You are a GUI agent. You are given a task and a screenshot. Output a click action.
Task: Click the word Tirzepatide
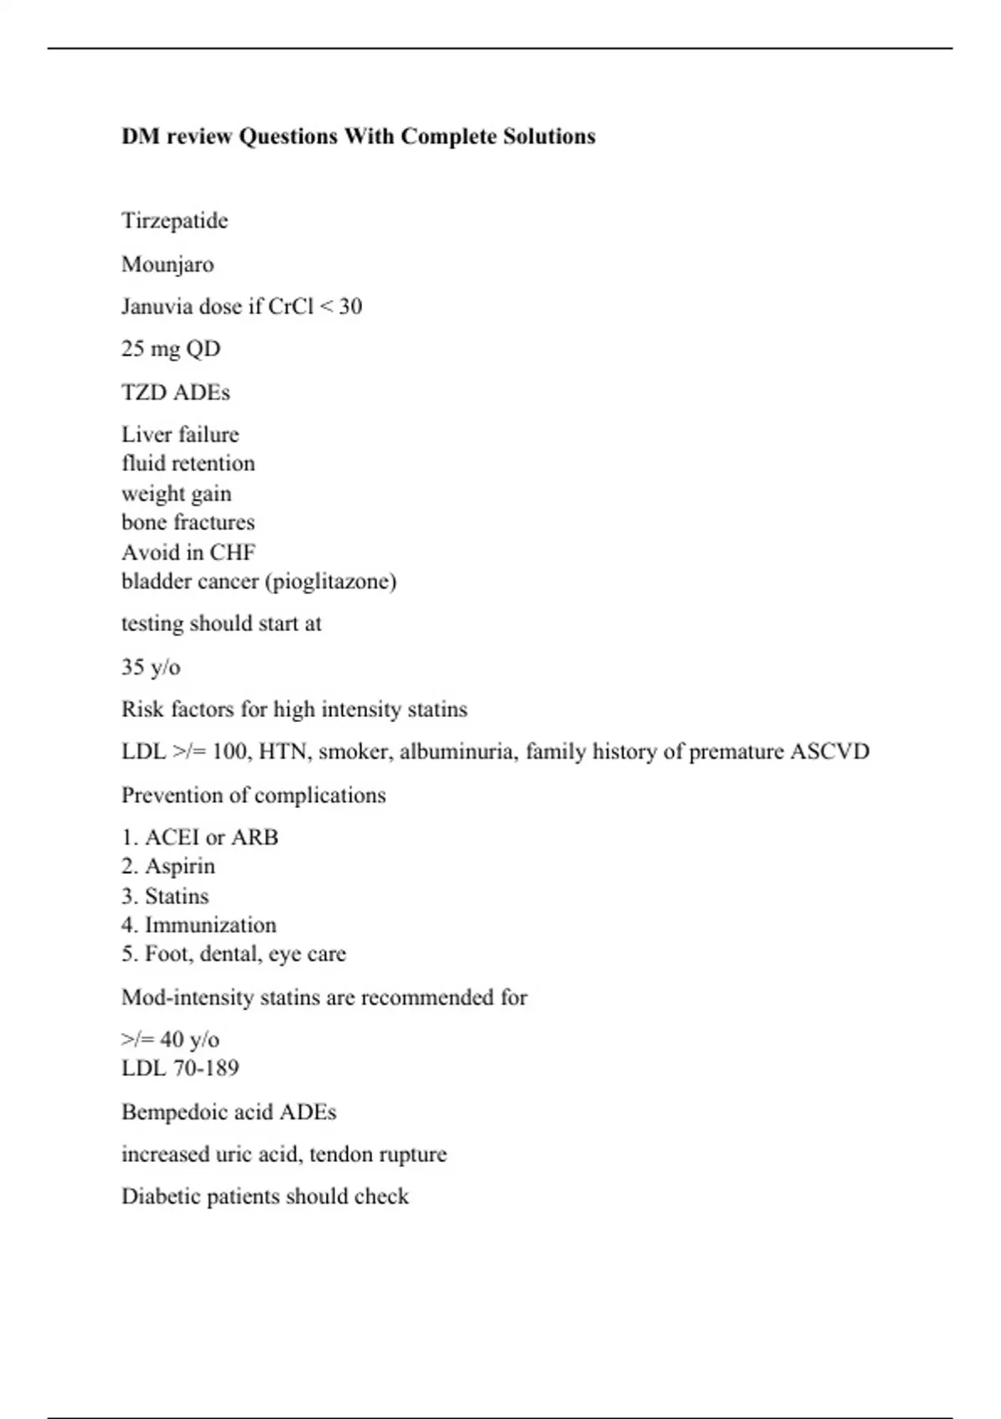tap(174, 221)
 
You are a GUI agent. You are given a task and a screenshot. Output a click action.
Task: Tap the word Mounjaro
tap(168, 265)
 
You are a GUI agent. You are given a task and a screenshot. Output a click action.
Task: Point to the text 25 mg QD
tap(171, 349)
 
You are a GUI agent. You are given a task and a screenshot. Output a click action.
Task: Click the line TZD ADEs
tap(175, 392)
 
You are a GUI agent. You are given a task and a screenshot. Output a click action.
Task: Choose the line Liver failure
tap(180, 435)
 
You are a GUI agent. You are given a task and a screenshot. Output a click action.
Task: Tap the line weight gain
tap(176, 493)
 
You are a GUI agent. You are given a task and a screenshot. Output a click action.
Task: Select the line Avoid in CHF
tap(189, 552)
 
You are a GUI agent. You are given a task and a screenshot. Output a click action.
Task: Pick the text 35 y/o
tap(151, 667)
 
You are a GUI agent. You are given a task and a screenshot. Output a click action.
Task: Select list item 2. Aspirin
tap(168, 866)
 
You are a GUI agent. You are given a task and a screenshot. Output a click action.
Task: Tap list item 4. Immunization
tap(199, 925)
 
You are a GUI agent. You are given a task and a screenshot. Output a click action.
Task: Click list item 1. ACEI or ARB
tap(199, 837)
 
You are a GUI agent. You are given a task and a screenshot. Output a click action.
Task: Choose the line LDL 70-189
tap(180, 1068)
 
